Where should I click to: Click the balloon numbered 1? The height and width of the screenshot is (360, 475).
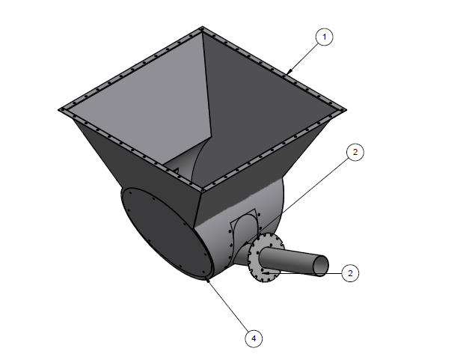point(324,37)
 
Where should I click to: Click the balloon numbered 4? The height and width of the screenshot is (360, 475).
point(254,338)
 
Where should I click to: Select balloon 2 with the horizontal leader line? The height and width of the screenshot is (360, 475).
point(350,273)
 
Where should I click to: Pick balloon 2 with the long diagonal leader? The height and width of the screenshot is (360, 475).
point(355,152)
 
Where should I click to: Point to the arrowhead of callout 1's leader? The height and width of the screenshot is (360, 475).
point(288,73)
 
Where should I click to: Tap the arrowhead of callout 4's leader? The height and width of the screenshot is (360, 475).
point(208,281)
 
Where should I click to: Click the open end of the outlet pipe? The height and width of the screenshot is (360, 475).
point(321,266)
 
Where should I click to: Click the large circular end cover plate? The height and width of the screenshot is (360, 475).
point(166,233)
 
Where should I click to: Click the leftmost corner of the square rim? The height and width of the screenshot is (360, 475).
point(59,110)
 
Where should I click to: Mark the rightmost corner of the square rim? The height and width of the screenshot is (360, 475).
point(346,110)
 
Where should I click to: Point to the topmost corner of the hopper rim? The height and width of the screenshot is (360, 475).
point(203,27)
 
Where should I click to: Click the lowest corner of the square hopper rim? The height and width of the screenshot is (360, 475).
point(202,190)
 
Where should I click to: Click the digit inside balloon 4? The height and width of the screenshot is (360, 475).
point(254,338)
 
